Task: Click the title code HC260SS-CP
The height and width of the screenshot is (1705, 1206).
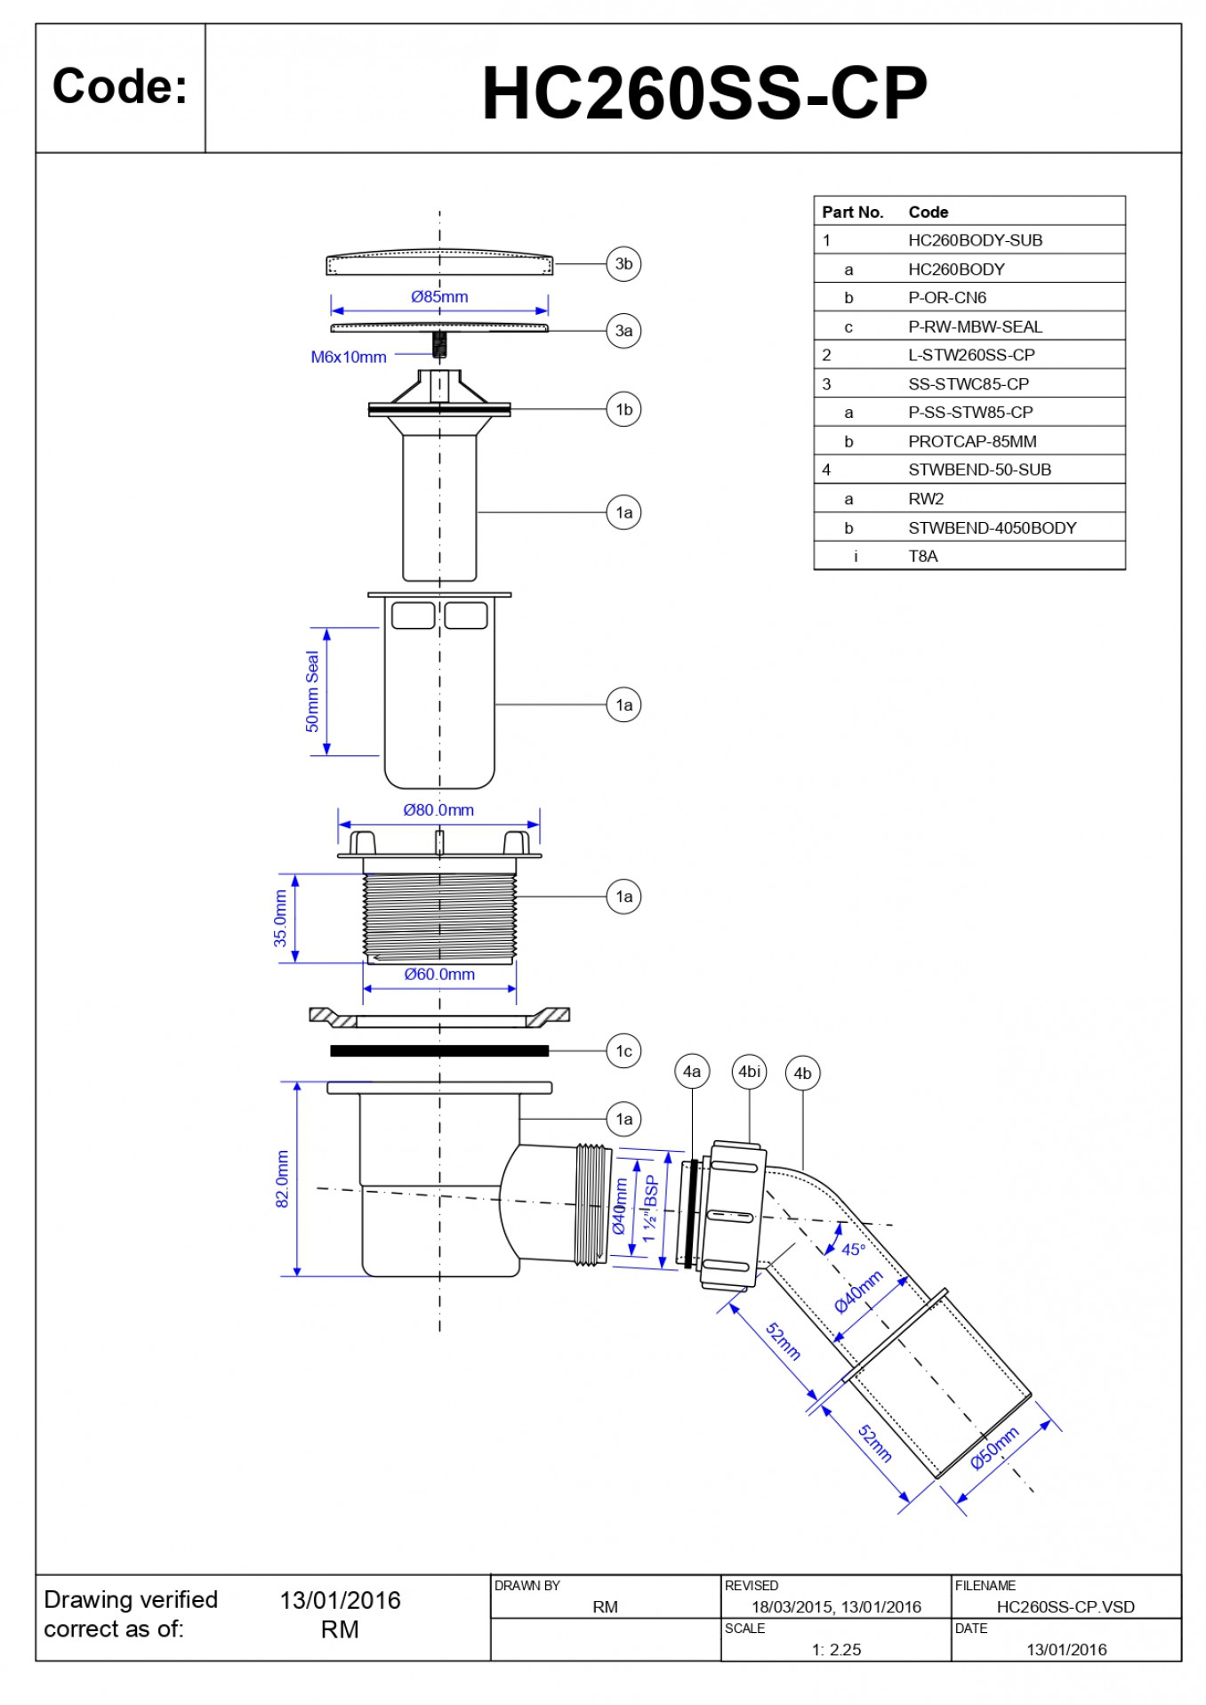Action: pyautogui.click(x=703, y=93)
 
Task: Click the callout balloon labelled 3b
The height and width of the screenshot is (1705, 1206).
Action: pyautogui.click(x=623, y=264)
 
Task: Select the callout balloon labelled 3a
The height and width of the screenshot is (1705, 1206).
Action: pyautogui.click(x=623, y=331)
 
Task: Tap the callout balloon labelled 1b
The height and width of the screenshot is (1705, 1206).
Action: pyautogui.click(x=623, y=410)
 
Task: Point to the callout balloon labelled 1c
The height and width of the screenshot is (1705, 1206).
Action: pyautogui.click(x=623, y=1051)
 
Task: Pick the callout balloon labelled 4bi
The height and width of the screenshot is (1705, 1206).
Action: pyautogui.click(x=749, y=1072)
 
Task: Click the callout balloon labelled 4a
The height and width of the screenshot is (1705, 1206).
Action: pyautogui.click(x=692, y=1072)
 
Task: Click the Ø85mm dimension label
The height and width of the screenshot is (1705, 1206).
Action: pyautogui.click(x=439, y=297)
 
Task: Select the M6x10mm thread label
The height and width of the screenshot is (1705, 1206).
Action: pyautogui.click(x=349, y=358)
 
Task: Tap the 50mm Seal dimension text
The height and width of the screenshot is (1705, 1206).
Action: pyautogui.click(x=312, y=692)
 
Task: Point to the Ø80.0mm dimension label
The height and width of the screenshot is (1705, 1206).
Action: pyautogui.click(x=438, y=810)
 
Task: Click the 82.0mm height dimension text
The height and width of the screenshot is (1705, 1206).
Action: pyautogui.click(x=283, y=1179)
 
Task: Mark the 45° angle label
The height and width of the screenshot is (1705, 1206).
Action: pyautogui.click(x=853, y=1250)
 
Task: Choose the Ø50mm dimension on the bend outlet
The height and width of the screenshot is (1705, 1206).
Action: pyautogui.click(x=994, y=1448)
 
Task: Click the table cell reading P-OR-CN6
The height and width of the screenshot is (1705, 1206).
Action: pyautogui.click(x=947, y=298)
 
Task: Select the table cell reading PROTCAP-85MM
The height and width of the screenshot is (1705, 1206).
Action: pyautogui.click(x=972, y=442)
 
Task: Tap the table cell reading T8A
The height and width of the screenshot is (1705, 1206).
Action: pyautogui.click(x=923, y=557)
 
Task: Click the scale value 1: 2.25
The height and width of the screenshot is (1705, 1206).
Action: pyautogui.click(x=836, y=1650)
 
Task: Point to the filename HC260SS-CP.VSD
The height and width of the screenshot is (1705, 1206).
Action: pyautogui.click(x=1065, y=1607)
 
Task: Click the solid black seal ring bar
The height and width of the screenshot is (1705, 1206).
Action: pyautogui.click(x=439, y=1051)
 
